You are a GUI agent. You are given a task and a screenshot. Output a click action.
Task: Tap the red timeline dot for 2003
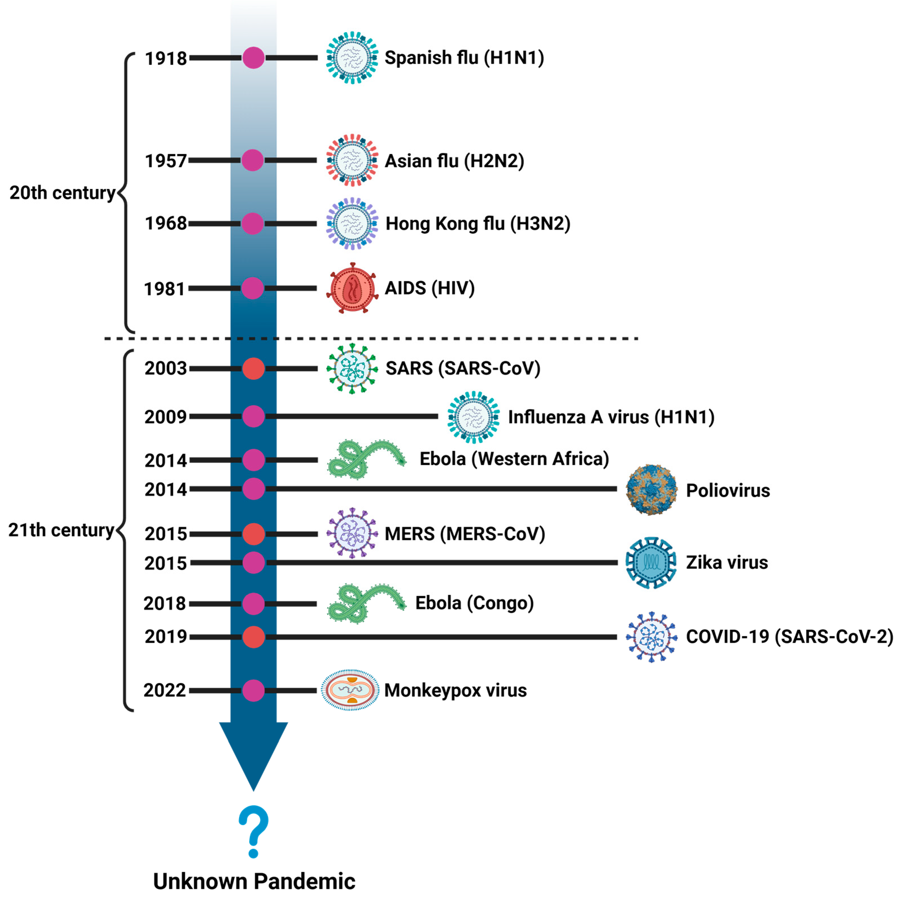(x=254, y=369)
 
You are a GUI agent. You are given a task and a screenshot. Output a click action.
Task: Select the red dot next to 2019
(x=254, y=637)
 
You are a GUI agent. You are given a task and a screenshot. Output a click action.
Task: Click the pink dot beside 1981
(x=253, y=288)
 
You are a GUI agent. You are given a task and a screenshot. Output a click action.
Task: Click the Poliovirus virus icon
(x=651, y=490)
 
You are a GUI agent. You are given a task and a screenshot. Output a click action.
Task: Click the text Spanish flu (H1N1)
(x=464, y=58)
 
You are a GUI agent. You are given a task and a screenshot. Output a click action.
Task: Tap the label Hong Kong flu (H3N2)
(x=478, y=224)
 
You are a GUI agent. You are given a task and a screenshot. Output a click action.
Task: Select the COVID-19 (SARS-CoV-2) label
(x=789, y=637)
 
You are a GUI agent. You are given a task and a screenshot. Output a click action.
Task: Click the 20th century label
(x=62, y=193)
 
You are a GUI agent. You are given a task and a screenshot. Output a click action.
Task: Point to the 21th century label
(x=61, y=530)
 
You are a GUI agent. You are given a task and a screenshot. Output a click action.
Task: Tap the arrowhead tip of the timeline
(x=254, y=789)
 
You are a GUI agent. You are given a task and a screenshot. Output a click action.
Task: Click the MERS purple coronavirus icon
(x=352, y=533)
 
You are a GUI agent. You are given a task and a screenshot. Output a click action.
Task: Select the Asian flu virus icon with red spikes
(x=352, y=160)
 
